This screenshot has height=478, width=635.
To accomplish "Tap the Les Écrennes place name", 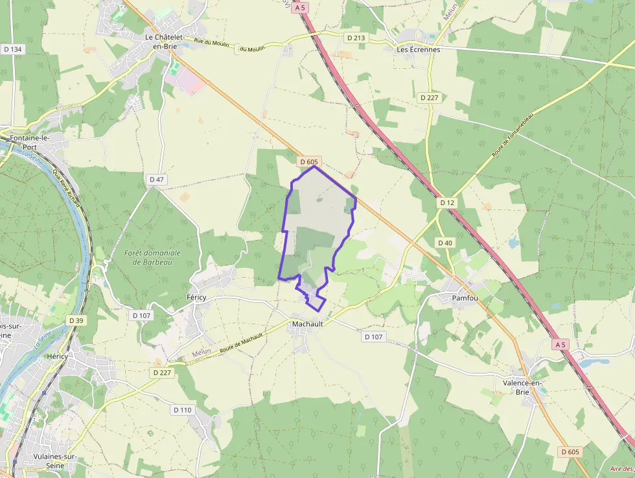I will (418, 49).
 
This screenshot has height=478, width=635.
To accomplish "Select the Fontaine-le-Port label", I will (29, 142).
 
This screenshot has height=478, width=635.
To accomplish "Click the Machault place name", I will (307, 323).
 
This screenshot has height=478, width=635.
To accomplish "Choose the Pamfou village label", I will (464, 298).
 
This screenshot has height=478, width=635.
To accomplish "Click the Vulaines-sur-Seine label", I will (54, 460).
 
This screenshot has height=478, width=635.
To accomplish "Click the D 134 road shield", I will (12, 49).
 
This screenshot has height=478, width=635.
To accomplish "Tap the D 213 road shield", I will (356, 38).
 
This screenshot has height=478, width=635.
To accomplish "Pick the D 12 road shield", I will (446, 203).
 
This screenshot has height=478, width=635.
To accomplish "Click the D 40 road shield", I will (444, 243).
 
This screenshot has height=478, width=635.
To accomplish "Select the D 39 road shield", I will (76, 320).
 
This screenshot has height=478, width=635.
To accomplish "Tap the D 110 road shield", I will (183, 410).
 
